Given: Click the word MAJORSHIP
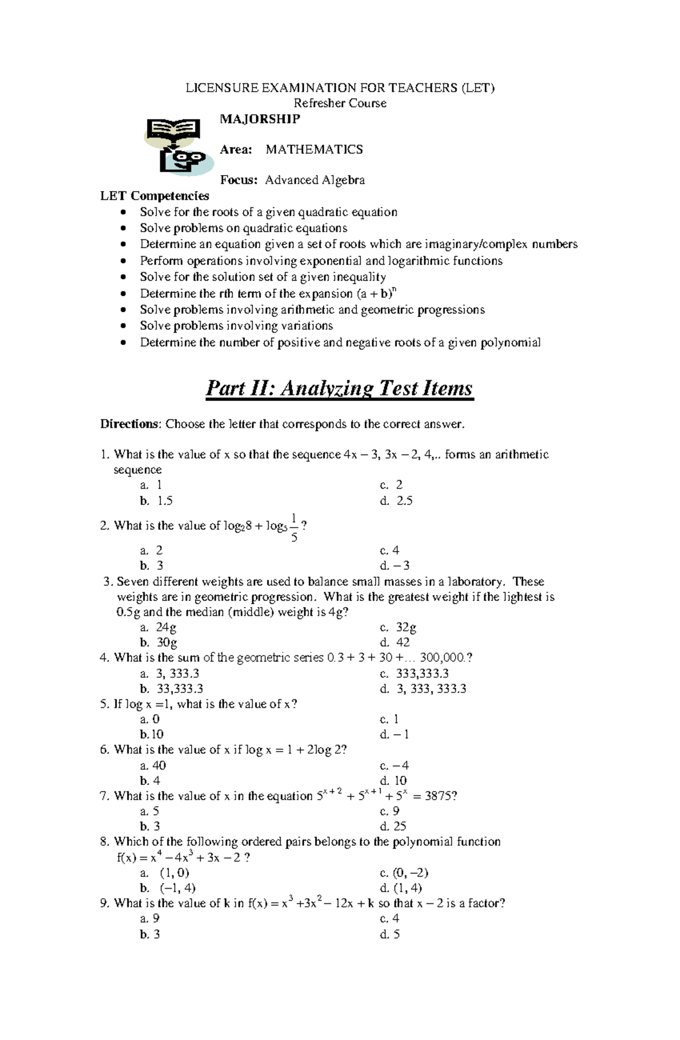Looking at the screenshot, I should pos(260,118).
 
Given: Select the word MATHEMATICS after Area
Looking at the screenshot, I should pos(314,150).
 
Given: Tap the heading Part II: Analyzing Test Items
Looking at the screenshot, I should pos(339,389).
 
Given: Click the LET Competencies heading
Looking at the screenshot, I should pos(154,196).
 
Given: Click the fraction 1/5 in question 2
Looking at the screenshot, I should pos(294,527).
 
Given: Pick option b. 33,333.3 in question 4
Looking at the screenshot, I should pos(171,689).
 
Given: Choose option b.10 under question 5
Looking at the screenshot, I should pos(152,735).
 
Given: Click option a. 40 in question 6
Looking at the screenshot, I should pos(153,766).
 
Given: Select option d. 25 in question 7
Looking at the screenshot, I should pos(393,826).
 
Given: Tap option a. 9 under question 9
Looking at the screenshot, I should pos(150,918).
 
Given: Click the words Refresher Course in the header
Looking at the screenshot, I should pos(339,103).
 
